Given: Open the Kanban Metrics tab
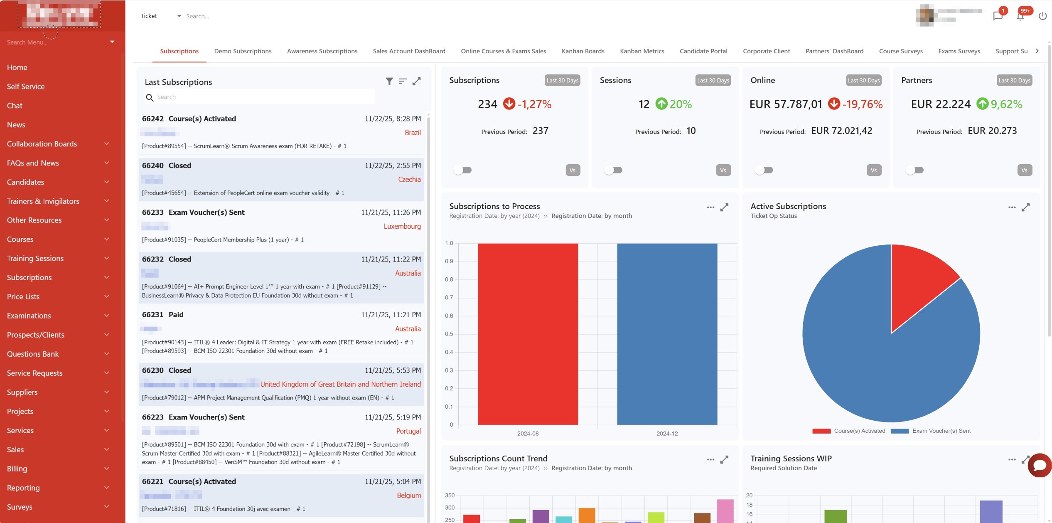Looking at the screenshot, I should [642, 51].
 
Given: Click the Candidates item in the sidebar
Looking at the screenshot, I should [25, 182].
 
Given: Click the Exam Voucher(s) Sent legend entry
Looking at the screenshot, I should [941, 431].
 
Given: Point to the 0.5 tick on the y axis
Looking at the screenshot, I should [449, 334].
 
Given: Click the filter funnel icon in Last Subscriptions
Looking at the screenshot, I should [389, 81].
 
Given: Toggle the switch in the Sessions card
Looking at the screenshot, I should [613, 170].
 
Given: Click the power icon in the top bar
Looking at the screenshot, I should [1042, 16].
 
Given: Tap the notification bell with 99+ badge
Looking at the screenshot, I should [1020, 16].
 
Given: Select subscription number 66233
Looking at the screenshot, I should [153, 212].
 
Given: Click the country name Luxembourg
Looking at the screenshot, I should [402, 226].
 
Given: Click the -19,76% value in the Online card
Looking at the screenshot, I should [863, 104].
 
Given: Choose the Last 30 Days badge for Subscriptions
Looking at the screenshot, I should [562, 80].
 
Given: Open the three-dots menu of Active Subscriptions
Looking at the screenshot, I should [1012, 207].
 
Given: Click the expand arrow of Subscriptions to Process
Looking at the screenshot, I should [724, 207].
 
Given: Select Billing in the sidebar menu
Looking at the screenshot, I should [17, 469].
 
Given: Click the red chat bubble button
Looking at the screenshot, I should [1040, 465].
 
